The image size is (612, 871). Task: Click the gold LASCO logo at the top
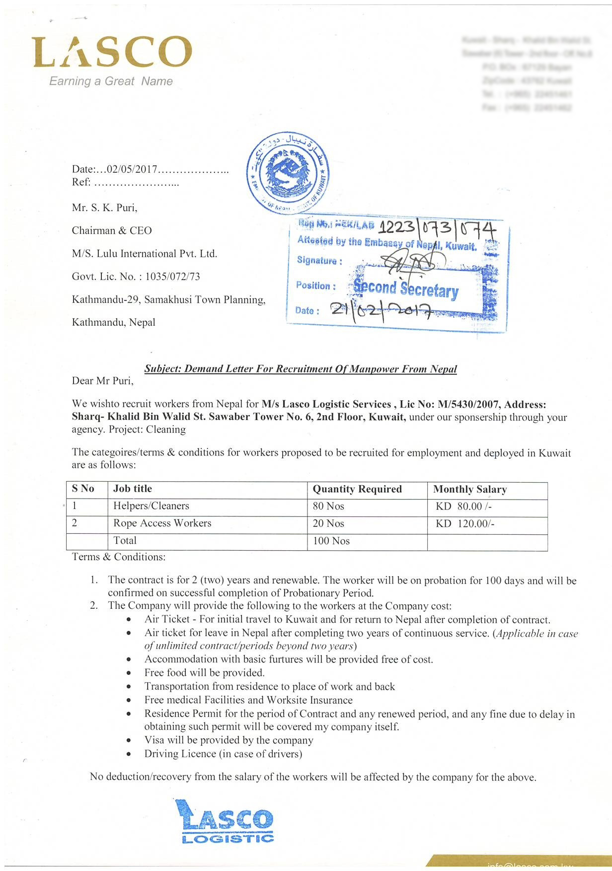click(112, 52)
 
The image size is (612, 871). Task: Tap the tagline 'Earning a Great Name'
click(111, 81)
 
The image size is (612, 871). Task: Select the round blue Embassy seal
click(288, 173)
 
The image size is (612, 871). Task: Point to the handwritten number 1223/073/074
click(437, 229)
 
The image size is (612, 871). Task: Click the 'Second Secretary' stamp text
click(406, 289)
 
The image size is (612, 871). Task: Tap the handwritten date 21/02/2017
click(380, 310)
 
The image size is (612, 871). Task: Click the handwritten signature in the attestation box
click(410, 259)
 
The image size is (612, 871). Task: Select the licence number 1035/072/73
click(172, 277)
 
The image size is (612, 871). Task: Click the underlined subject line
click(301, 369)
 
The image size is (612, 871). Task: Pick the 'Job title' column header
click(133, 489)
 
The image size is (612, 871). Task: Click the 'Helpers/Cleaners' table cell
click(151, 506)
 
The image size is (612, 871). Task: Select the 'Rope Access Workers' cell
click(162, 523)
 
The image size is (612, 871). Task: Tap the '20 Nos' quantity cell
click(328, 523)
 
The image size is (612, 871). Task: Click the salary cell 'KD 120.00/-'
click(465, 523)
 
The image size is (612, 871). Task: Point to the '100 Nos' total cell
click(331, 541)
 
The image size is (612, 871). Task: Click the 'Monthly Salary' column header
click(470, 489)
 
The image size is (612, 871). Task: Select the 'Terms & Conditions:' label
click(119, 557)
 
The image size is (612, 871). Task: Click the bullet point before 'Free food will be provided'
click(129, 673)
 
